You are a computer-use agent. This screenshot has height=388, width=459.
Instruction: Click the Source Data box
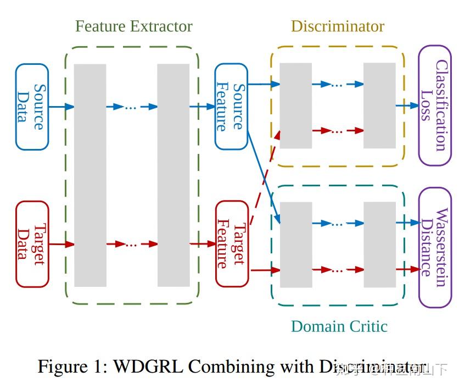(32, 107)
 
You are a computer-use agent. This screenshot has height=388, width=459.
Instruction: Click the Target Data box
(32, 244)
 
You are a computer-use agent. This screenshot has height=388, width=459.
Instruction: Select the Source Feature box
(231, 107)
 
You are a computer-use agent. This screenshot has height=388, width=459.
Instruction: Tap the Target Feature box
(231, 244)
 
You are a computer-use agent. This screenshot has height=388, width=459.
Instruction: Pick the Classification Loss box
(434, 106)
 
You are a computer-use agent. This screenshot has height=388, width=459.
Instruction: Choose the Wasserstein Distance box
(434, 247)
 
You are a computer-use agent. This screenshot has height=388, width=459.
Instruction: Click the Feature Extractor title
(133, 26)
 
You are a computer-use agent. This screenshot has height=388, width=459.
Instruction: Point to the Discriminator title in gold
(337, 26)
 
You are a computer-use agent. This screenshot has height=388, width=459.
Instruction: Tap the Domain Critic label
(339, 326)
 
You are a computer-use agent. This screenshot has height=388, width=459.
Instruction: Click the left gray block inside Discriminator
(296, 106)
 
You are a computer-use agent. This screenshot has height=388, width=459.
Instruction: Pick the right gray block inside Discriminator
(379, 106)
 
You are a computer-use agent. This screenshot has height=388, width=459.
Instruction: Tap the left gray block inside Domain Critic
(296, 245)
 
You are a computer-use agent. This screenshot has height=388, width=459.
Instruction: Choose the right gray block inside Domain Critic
(379, 245)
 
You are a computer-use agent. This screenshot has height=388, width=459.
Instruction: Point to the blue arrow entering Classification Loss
(407, 106)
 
